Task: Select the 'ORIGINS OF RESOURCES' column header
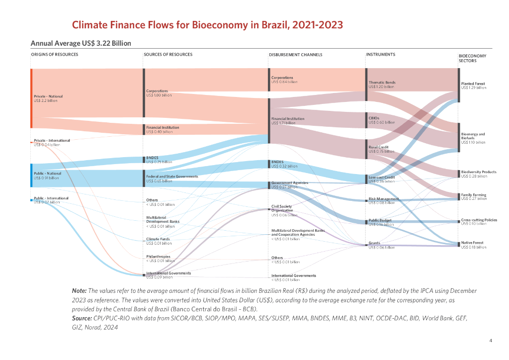(55, 54)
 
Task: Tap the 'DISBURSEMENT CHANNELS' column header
(295, 55)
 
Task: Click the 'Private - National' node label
(48, 96)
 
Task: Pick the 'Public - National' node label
(48, 173)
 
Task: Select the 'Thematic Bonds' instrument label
(382, 82)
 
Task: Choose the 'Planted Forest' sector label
(473, 84)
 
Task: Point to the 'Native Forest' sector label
(472, 243)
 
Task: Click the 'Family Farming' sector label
(473, 195)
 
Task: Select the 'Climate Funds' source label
(158, 239)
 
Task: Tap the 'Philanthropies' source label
(159, 257)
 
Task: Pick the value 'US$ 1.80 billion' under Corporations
(159, 95)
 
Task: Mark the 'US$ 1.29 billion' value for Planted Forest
(473, 88)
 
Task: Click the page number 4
(491, 341)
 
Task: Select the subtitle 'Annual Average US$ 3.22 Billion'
(81, 43)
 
